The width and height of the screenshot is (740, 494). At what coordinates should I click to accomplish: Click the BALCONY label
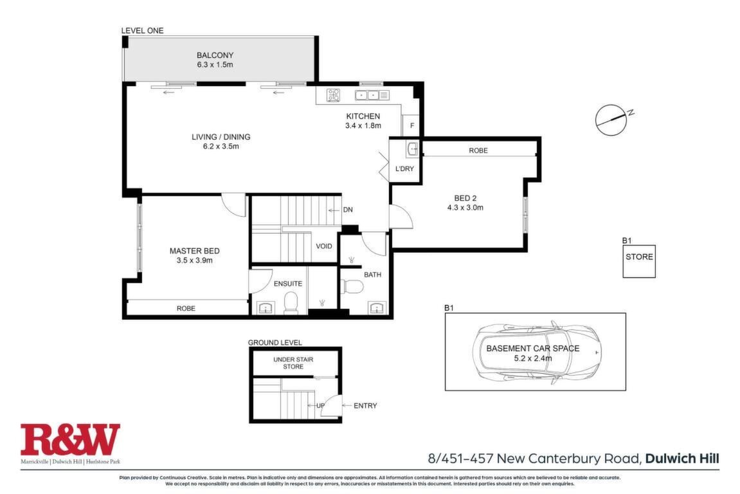[x=215, y=55]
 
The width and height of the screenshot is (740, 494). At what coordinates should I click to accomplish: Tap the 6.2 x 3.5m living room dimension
[x=221, y=147]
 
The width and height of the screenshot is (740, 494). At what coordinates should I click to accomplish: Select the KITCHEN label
[x=363, y=116]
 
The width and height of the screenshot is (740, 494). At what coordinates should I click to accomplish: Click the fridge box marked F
[x=411, y=125]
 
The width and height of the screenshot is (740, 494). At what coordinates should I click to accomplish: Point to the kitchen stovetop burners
[x=334, y=95]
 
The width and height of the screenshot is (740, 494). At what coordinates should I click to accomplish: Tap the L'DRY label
[x=404, y=169]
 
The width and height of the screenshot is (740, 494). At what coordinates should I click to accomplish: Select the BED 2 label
[x=465, y=198]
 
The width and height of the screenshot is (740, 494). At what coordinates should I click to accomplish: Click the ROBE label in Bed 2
[x=478, y=150]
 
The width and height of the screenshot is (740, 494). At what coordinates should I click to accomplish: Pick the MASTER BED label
[x=194, y=251]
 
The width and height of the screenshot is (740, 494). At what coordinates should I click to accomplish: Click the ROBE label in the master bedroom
[x=186, y=308]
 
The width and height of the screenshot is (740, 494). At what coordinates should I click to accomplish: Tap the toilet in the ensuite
[x=291, y=303]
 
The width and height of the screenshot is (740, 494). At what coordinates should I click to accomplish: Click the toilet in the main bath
[x=352, y=286]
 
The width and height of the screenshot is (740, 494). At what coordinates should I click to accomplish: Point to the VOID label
[x=324, y=246]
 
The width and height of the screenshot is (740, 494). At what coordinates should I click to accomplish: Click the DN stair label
[x=348, y=210]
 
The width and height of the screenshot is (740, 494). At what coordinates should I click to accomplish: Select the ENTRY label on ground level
[x=365, y=406]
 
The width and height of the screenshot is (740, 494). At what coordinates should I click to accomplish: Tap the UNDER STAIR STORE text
[x=293, y=363]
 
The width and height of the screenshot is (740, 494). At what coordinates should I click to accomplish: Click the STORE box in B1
[x=639, y=261]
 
